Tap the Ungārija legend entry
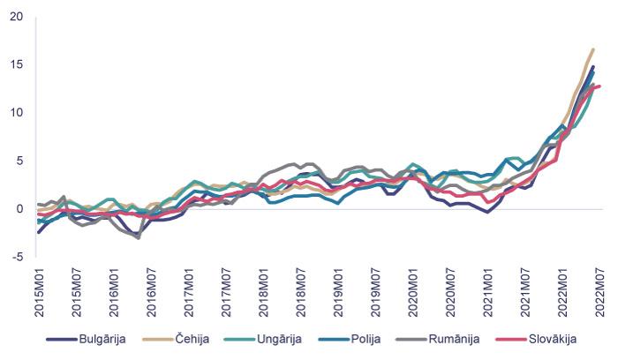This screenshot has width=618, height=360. tap(284, 338)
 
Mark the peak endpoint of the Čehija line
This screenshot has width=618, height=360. tap(592, 49)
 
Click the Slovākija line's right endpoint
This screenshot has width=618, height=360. tap(599, 86)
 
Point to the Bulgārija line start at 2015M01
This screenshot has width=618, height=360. tap(39, 232)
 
